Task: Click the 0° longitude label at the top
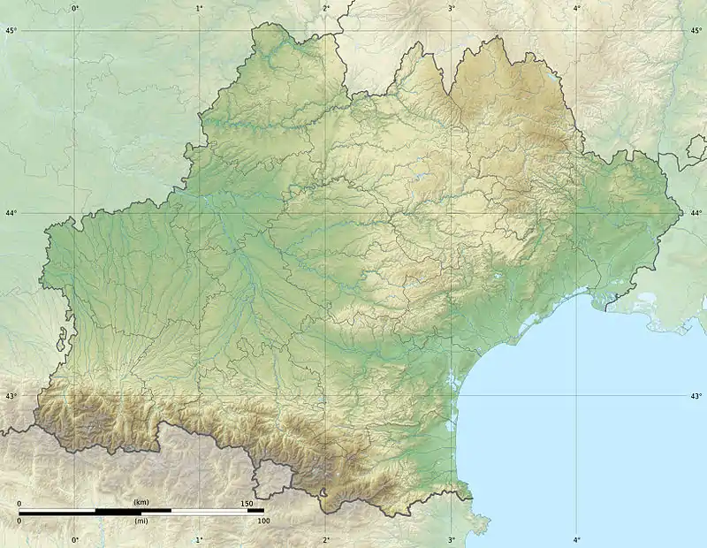point(74,8)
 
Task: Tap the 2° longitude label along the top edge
point(326,8)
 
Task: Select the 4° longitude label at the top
point(577,8)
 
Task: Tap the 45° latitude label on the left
point(11,31)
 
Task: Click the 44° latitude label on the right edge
point(696,213)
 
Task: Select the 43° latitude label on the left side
point(11,396)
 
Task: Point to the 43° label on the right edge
point(696,396)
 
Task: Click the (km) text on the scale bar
point(141,502)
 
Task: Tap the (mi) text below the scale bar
point(141,521)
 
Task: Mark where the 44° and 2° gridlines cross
point(326,213)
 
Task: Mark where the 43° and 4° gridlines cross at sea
point(577,395)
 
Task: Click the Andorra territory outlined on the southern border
point(273,478)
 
